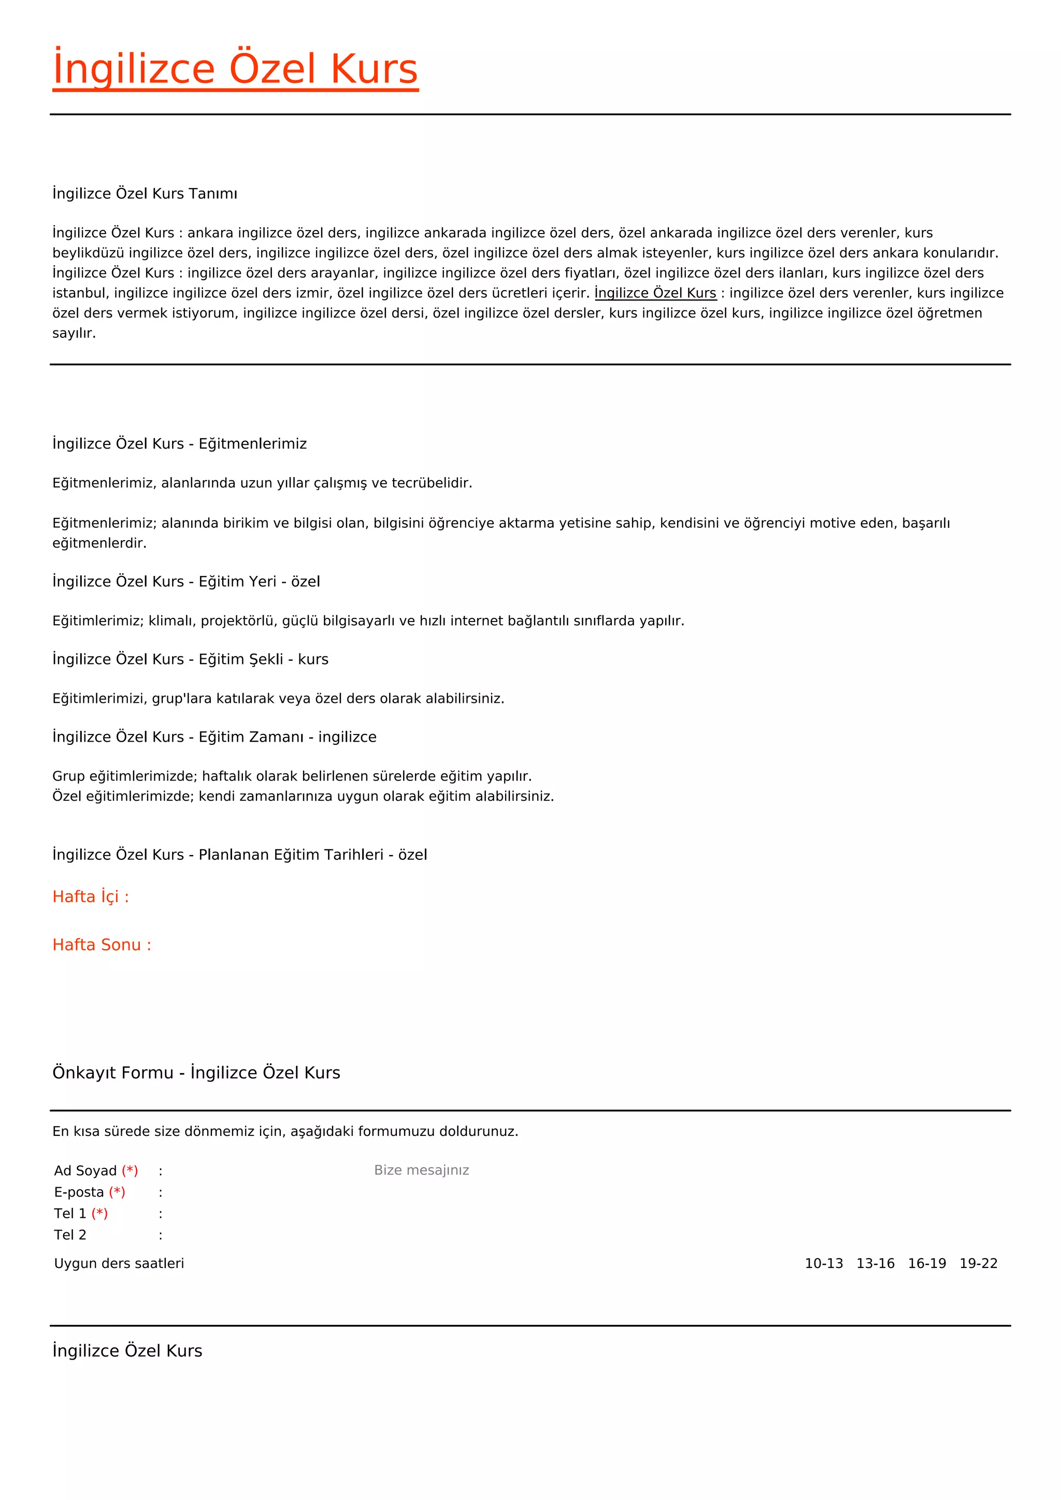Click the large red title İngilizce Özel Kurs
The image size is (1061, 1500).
[235, 69]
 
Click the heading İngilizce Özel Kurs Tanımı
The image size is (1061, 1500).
[145, 193]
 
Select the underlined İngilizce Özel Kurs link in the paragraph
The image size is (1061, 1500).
[655, 293]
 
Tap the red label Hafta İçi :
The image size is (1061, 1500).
[91, 897]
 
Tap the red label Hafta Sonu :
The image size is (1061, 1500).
[101, 945]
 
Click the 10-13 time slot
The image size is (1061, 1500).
[823, 1263]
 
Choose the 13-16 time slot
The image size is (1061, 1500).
[875, 1263]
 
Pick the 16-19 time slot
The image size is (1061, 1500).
[926, 1263]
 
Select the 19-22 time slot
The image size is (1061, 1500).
[978, 1263]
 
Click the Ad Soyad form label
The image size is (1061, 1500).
[85, 1171]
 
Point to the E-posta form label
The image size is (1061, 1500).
[79, 1192]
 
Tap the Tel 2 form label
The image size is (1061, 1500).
[70, 1235]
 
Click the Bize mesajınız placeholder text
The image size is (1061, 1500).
[421, 1170]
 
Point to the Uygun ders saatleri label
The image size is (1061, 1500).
[119, 1263]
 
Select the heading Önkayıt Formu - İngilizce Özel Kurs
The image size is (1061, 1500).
[196, 1073]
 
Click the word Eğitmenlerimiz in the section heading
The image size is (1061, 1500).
[252, 443]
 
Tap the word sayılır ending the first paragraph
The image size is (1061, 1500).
[74, 333]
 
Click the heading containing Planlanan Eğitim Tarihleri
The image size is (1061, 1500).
[239, 855]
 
